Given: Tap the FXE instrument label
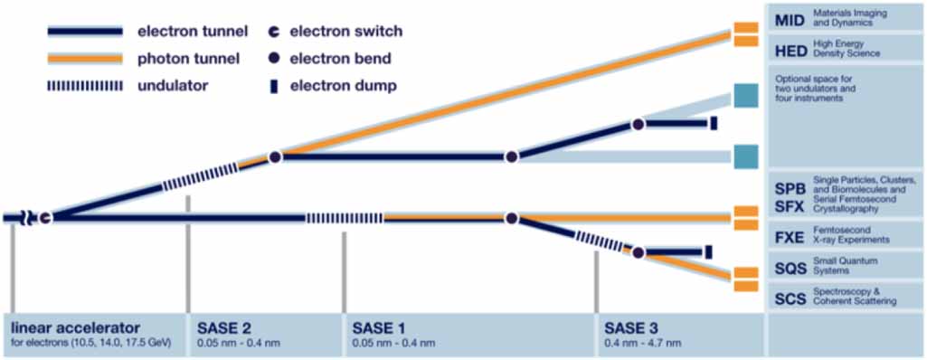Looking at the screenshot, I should coord(789,240).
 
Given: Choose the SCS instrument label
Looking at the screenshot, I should coord(790,296).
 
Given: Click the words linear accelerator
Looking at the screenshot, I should coord(76,327).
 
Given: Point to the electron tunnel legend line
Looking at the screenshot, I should coord(85,32).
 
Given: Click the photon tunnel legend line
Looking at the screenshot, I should coord(85,59).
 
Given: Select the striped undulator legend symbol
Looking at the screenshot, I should coord(85,86).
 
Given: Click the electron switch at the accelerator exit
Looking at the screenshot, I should coord(44,217).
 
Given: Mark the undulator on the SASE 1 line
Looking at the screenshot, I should coord(344,217).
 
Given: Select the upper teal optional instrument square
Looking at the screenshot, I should coord(744,95).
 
